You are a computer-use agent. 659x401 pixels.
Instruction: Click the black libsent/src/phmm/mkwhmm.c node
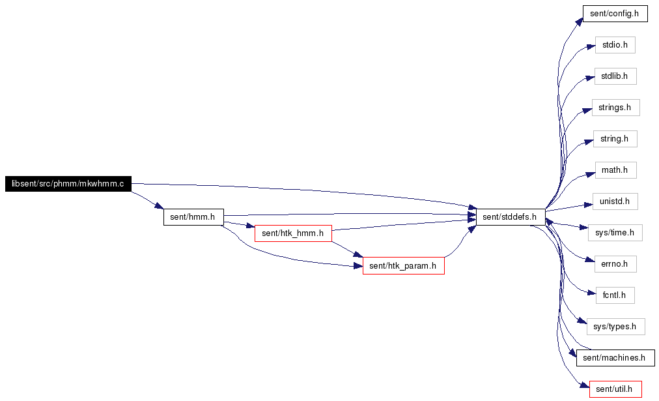tap(68, 184)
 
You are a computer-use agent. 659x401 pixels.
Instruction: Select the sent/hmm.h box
tap(193, 217)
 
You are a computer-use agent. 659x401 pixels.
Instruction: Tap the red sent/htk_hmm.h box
tap(293, 233)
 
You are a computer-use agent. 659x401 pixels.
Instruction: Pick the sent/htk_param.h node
tap(404, 266)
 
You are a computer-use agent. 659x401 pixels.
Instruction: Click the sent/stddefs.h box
tap(511, 217)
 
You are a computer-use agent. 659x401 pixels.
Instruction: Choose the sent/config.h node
tap(615, 14)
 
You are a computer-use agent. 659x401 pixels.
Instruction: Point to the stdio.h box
tap(615, 45)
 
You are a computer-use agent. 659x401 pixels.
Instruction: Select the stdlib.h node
tap(615, 76)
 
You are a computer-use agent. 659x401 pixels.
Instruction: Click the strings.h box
tap(616, 108)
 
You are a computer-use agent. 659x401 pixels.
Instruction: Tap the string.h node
tap(615, 139)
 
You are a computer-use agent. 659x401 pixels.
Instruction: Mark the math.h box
tap(615, 170)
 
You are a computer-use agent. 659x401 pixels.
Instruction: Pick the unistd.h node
tap(615, 201)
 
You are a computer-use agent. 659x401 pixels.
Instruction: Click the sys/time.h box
tap(615, 233)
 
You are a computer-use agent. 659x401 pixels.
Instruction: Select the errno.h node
tap(615, 264)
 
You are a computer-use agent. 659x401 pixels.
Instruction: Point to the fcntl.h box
tap(615, 295)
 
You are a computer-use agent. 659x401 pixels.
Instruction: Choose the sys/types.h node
tap(616, 327)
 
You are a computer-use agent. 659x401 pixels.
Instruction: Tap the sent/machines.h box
tap(615, 358)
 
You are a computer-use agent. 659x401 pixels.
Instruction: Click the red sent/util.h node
tap(615, 389)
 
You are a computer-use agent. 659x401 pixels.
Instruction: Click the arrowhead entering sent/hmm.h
tap(159, 206)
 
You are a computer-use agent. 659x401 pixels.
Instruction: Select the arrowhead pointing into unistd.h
tap(588, 205)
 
